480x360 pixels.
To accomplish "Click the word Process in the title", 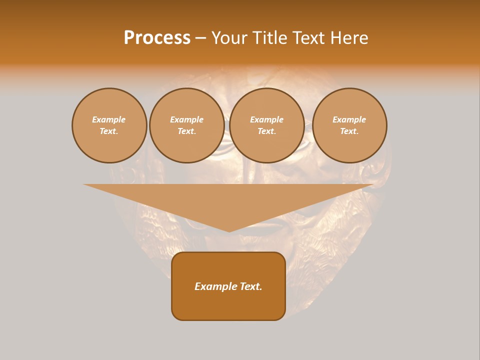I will [157, 38].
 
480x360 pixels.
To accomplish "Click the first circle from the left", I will [109, 125].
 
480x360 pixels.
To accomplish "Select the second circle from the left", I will [187, 125].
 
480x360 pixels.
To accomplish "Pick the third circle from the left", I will [267, 125].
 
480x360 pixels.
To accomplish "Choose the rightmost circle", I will [349, 125].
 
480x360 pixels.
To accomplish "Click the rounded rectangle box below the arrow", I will [228, 286].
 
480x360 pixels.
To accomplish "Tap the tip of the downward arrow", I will [229, 230].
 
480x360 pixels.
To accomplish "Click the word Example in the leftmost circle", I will [109, 120].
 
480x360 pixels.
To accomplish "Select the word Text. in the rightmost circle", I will [349, 131].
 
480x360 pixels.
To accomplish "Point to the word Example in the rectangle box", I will [215, 286].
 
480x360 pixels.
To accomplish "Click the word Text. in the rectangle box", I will [250, 286].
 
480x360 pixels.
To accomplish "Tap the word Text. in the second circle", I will [187, 131].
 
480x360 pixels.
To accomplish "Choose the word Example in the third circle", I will [267, 120].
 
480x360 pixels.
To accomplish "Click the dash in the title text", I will [200, 38].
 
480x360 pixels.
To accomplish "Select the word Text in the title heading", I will [309, 38].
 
